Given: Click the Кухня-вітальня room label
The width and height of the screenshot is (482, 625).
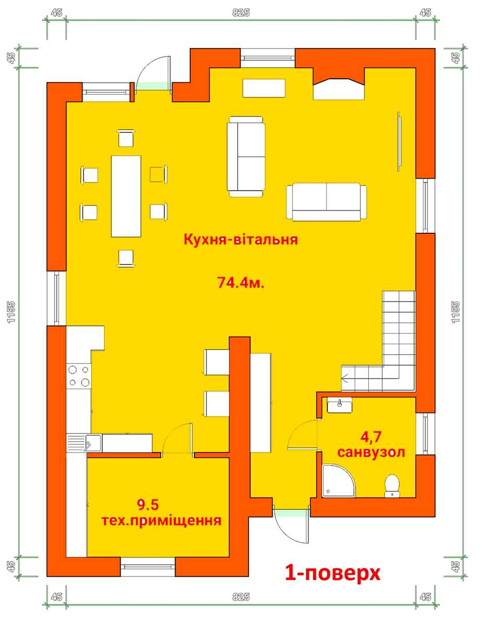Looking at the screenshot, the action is click(241, 239).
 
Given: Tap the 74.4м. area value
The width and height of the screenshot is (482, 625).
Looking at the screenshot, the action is click(241, 282).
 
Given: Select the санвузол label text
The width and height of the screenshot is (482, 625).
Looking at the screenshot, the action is click(371, 452).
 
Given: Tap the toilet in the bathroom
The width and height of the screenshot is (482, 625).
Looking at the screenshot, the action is click(392, 486).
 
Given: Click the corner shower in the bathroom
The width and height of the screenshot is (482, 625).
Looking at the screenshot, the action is click(338, 481).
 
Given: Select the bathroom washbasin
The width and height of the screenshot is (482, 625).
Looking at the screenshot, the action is click(340, 405).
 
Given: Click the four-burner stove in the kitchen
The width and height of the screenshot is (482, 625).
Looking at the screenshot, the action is click(79, 376).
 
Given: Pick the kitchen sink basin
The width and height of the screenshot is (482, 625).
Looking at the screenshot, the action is click(93, 443).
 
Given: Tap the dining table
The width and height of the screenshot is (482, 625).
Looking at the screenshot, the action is click(126, 196).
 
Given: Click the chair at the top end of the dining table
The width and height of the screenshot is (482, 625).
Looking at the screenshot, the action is click(126, 139).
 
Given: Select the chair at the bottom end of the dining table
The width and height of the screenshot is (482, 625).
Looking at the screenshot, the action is click(126, 258).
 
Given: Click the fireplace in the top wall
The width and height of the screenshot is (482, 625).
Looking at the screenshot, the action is click(339, 84).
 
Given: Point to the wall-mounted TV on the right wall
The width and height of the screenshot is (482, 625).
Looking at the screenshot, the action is click(399, 141).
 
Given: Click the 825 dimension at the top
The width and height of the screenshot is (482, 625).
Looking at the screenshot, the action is click(241, 12).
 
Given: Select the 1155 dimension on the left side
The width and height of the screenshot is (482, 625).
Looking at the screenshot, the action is click(11, 312).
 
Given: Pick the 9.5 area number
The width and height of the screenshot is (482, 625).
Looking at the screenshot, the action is click(148, 505).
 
